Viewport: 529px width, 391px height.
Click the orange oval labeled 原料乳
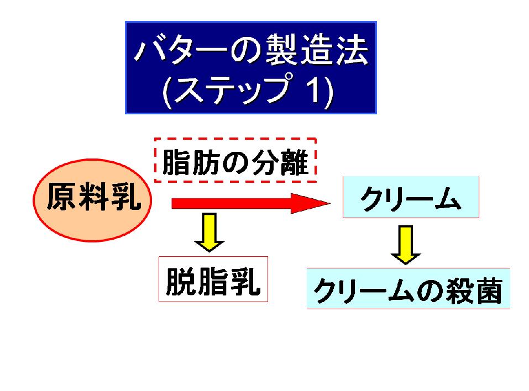click(x=92, y=200)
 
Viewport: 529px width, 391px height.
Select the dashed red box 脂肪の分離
click(x=235, y=160)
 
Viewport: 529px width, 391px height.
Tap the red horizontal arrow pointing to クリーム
click(x=250, y=203)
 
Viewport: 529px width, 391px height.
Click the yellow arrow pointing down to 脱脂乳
click(x=209, y=233)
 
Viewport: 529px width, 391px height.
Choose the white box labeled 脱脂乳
click(x=213, y=279)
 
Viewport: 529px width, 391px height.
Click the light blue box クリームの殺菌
click(x=408, y=288)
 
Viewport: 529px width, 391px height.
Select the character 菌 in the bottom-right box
click(x=487, y=290)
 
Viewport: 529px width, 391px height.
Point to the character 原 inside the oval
click(x=61, y=197)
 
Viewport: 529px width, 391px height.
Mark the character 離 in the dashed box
click(x=294, y=162)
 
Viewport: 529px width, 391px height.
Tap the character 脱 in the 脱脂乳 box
click(x=181, y=281)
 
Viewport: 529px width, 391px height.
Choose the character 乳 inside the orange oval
click(x=125, y=197)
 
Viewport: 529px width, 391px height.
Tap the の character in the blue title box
click(x=246, y=51)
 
